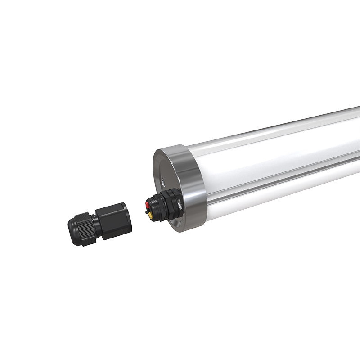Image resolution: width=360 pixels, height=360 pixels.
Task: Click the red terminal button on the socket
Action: [x=147, y=205]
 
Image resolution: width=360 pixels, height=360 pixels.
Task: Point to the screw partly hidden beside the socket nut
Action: [x=180, y=205]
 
